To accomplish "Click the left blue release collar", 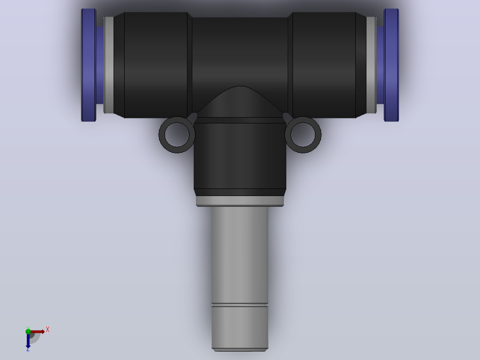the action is (89, 65).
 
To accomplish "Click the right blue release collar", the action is (391, 65).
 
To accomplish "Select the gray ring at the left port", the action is (109, 65).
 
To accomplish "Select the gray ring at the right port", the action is (371, 65).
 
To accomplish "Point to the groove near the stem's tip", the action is (240, 305).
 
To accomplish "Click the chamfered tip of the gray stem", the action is (240, 350).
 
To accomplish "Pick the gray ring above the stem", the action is (240, 201).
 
